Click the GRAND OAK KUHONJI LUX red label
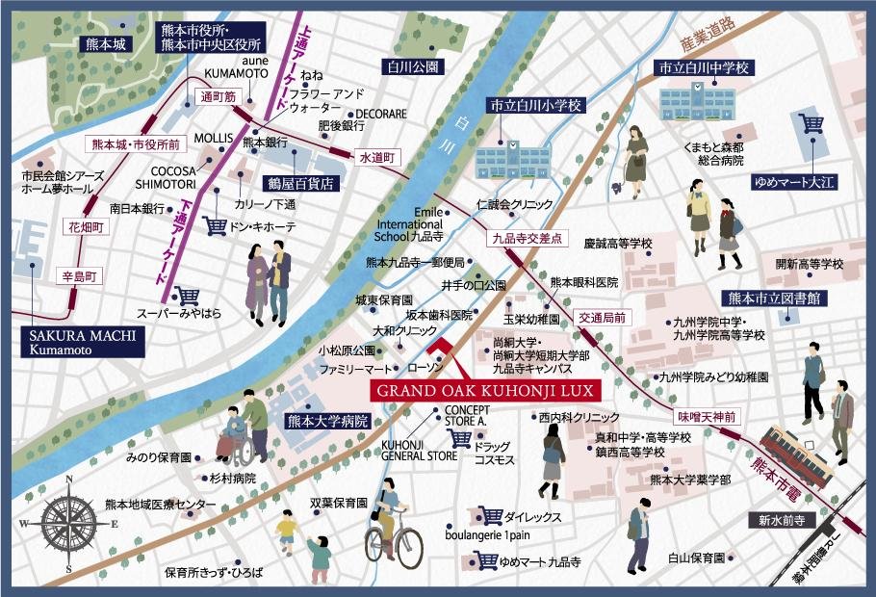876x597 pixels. pyautogui.click(x=482, y=391)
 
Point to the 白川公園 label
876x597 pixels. pyautogui.click(x=413, y=67)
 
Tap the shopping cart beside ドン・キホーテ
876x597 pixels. pyautogui.click(x=216, y=225)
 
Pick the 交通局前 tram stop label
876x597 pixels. pyautogui.click(x=603, y=316)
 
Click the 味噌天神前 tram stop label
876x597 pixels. pyautogui.click(x=707, y=417)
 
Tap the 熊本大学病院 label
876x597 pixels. pyautogui.click(x=328, y=421)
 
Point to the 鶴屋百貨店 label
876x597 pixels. pyautogui.click(x=300, y=181)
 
